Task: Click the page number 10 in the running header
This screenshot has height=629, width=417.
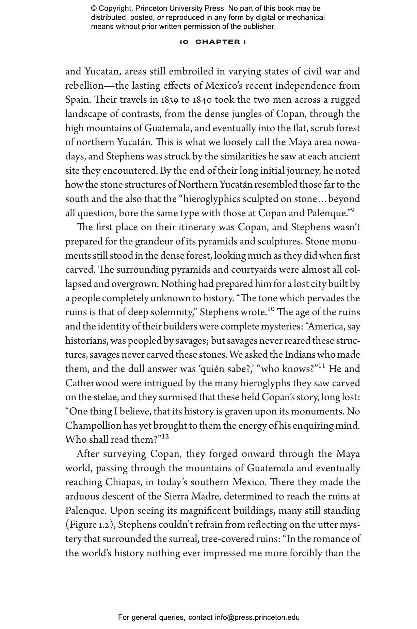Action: (184, 42)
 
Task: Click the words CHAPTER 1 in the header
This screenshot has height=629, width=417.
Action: (221, 42)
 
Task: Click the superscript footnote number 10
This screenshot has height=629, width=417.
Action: (271, 309)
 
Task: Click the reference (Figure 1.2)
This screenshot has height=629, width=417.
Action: (90, 525)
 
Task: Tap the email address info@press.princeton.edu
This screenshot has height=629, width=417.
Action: (257, 617)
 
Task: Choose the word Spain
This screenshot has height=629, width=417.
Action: (77, 100)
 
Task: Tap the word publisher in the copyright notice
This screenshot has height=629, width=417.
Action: (260, 27)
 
